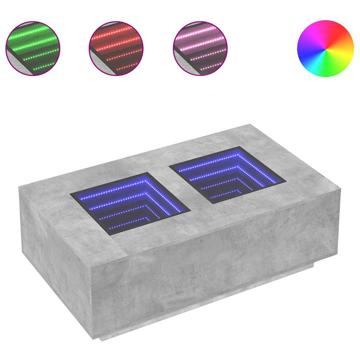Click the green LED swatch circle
click(33, 48)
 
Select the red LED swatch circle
click(116, 48)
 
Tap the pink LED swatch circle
click(200, 48)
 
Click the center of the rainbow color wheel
click(325, 49)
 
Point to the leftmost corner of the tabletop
click(19, 187)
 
